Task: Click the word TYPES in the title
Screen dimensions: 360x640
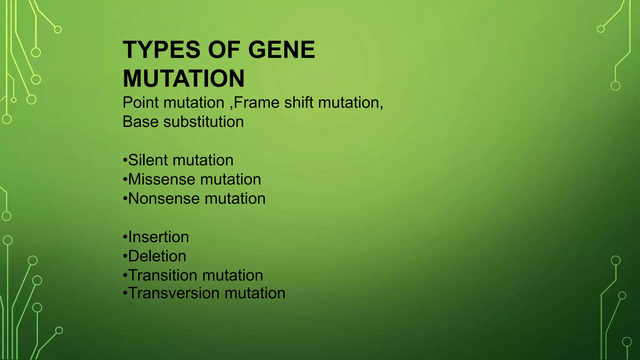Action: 162,50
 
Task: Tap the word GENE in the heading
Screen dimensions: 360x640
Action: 282,50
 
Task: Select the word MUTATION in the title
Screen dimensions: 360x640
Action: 184,79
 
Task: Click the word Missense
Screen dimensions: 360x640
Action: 162,180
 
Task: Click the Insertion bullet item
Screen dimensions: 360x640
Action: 158,237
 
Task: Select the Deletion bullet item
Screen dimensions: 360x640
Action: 157,256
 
